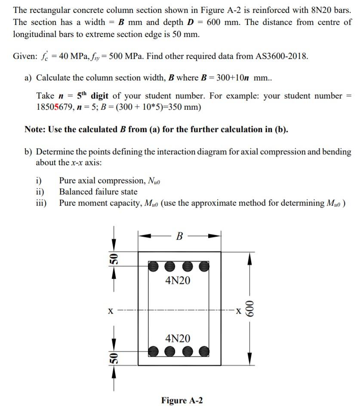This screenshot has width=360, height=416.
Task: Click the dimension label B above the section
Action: click(179, 236)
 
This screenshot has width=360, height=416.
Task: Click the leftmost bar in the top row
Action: click(154, 266)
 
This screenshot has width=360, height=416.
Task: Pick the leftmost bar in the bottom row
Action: click(154, 351)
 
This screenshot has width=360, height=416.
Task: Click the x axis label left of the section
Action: click(111, 310)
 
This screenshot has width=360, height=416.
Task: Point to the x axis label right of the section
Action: click(236, 309)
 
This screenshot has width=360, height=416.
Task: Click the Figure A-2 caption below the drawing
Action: click(182, 401)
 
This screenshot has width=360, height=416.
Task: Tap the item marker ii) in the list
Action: click(41, 192)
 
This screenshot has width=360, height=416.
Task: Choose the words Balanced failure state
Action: click(98, 192)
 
